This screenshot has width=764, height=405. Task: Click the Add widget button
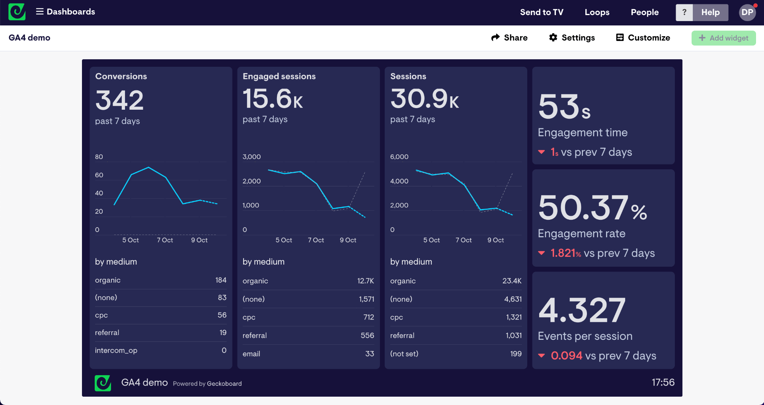pyautogui.click(x=723, y=38)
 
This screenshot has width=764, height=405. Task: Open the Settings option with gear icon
pyautogui.click(x=572, y=38)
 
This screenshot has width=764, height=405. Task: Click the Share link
pyautogui.click(x=509, y=38)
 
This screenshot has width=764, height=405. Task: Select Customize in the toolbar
pyautogui.click(x=643, y=38)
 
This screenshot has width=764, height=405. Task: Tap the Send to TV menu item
pyautogui.click(x=542, y=12)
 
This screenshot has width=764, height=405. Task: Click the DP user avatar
pyautogui.click(x=747, y=12)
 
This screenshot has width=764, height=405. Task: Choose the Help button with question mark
pyautogui.click(x=702, y=12)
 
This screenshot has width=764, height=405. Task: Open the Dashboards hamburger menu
pyautogui.click(x=40, y=12)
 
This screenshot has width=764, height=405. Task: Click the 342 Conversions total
pyautogui.click(x=119, y=100)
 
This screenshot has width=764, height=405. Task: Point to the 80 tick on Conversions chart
pyautogui.click(x=99, y=157)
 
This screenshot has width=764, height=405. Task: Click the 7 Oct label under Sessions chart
pyautogui.click(x=464, y=240)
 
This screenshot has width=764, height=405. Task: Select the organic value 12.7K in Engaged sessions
pyautogui.click(x=365, y=281)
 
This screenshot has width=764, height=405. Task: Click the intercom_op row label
pyautogui.click(x=116, y=351)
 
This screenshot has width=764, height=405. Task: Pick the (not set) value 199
pyautogui.click(x=516, y=354)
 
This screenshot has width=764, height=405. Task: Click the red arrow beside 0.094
pyautogui.click(x=542, y=356)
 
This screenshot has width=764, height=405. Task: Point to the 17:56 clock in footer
pyautogui.click(x=663, y=382)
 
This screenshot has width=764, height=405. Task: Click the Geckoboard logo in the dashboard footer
pyautogui.click(x=103, y=383)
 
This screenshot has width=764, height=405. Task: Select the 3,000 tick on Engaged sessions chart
pyautogui.click(x=251, y=157)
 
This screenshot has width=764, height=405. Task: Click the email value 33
pyautogui.click(x=370, y=354)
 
